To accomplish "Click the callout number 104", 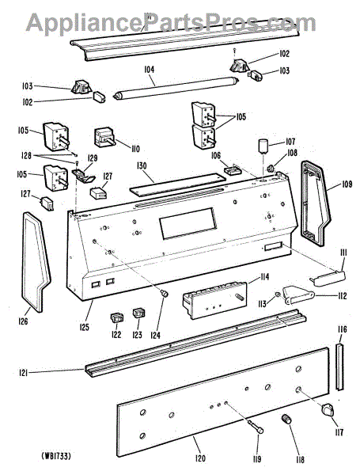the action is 149,70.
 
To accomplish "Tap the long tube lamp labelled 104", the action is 176,88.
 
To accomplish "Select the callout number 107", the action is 290,142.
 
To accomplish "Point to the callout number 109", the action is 347,184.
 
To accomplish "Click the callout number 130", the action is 142,165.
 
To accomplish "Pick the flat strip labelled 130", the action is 178,184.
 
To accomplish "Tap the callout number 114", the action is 263,277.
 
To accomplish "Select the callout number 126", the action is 23,321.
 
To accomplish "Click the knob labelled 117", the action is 328,409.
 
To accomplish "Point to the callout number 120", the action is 200,458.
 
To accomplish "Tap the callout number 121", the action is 23,373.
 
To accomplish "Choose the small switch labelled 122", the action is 116,317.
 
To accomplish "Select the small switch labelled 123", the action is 139,313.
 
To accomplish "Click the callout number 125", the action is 85,327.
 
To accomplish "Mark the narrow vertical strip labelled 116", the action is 340,367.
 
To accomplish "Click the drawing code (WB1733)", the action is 57,456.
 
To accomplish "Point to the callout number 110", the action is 135,149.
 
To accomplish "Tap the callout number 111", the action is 343,253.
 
